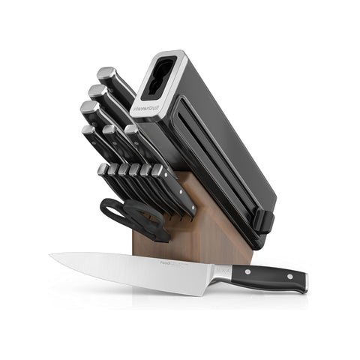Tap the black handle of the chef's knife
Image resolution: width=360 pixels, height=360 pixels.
pos(270,277)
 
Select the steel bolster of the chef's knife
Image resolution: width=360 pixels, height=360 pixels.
pos(221,272)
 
